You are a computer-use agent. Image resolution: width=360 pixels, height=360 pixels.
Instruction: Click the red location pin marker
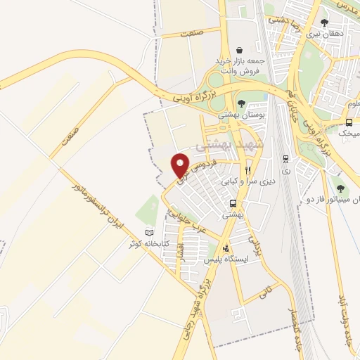[181, 165]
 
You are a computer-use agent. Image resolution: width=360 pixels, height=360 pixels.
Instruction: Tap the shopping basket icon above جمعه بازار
[241, 51]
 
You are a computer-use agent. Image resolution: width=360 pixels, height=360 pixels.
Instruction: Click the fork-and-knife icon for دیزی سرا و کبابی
[248, 171]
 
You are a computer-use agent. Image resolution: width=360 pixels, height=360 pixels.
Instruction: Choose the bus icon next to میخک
[349, 122]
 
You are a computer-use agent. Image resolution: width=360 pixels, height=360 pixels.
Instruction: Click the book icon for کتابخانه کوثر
[148, 233]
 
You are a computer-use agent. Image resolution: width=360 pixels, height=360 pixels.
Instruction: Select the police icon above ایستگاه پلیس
[225, 248]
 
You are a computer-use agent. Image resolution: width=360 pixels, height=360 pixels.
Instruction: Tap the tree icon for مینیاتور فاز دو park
[340, 188]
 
